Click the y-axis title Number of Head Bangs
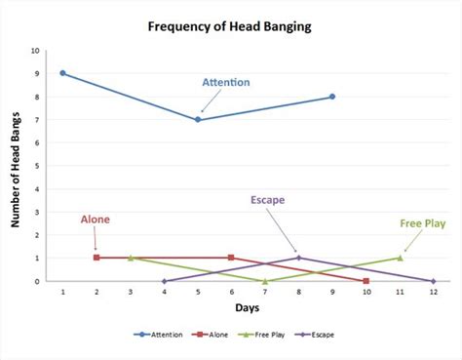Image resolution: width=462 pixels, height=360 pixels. (x=16, y=166)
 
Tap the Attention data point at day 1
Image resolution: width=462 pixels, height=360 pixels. (x=62, y=73)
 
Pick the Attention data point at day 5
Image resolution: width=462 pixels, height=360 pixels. (x=198, y=119)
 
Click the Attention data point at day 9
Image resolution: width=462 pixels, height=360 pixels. (x=332, y=97)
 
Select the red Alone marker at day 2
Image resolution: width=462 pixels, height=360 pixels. (x=96, y=258)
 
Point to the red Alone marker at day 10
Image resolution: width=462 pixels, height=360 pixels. (x=366, y=281)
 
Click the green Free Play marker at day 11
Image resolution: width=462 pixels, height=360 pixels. (x=400, y=258)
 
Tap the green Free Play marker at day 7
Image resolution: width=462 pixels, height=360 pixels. (x=265, y=281)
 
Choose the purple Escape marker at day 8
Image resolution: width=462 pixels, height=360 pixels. (x=298, y=258)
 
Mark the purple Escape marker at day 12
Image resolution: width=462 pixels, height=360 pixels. (x=433, y=281)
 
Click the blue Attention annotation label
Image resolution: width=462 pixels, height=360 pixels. (x=226, y=82)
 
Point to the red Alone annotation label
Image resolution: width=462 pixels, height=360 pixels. (x=95, y=220)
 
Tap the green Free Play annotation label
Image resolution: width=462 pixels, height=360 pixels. (x=423, y=222)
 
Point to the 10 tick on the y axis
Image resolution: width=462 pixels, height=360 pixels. (x=36, y=50)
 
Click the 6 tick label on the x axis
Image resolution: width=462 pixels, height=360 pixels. (x=231, y=292)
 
